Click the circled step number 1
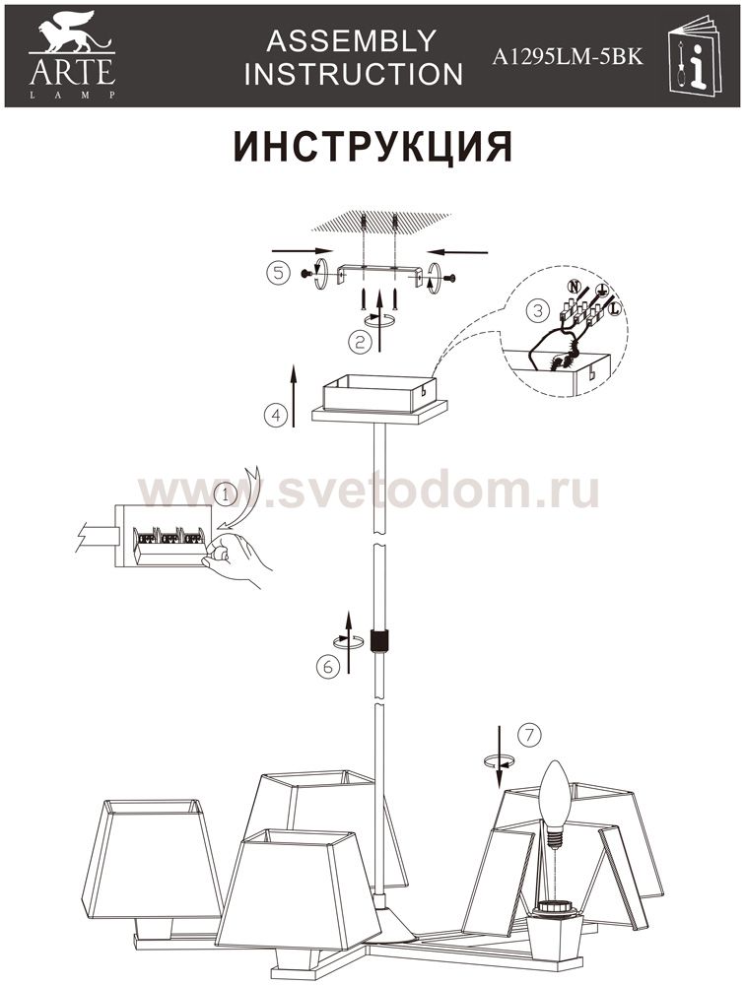225,495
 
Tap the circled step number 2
360,343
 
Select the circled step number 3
537,310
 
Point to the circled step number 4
276,416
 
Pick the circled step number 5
279,273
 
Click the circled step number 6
327,667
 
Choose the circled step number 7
530,735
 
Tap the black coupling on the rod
379,641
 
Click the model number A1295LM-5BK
567,56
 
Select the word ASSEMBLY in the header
352,41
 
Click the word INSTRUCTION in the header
354,74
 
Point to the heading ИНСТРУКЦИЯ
372,147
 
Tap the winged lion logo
72,33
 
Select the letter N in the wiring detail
574,287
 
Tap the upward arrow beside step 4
294,395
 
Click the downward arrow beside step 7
499,756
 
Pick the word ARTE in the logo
72,72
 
